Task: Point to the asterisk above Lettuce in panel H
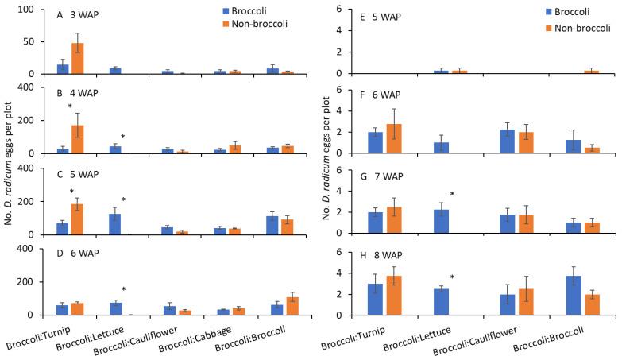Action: click(x=452, y=278)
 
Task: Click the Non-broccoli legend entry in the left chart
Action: click(x=257, y=24)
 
